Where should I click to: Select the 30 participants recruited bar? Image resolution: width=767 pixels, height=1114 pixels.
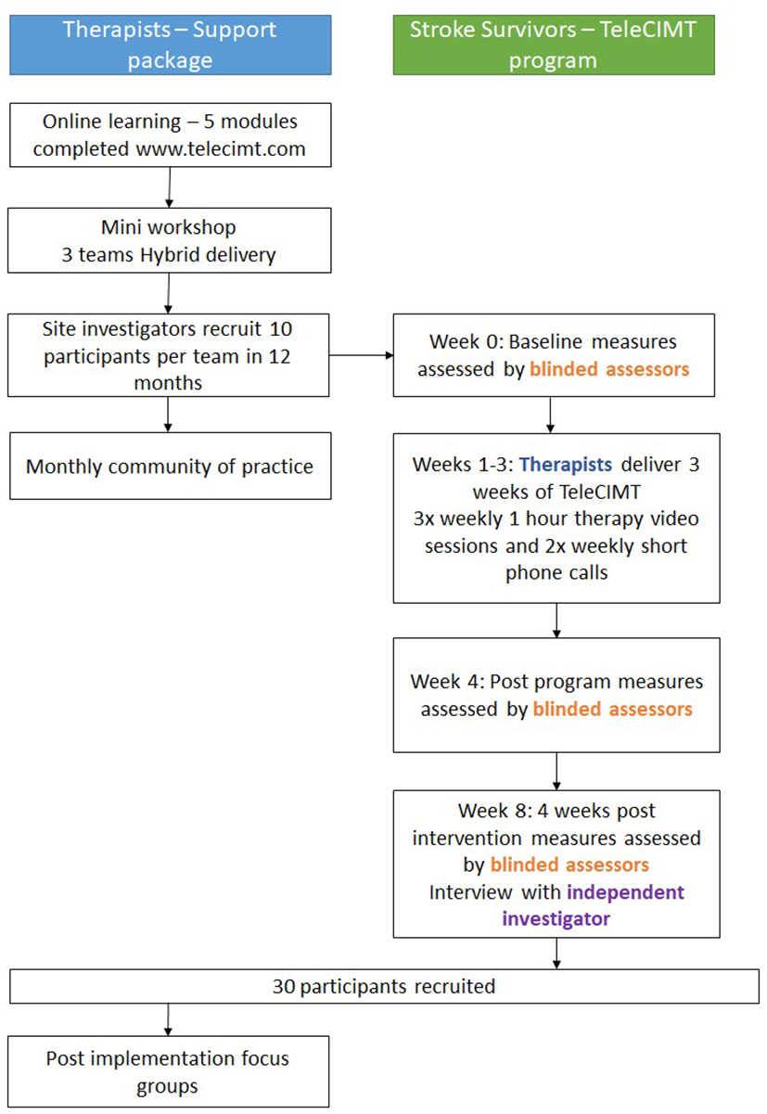point(383,986)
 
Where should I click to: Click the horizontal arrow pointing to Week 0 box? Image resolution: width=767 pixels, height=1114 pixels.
point(361,353)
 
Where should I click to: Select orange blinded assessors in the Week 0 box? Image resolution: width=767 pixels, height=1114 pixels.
point(609,369)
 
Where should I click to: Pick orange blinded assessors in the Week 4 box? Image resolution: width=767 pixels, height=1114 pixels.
point(612,710)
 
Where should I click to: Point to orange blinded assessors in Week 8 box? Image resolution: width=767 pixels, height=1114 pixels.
point(569,864)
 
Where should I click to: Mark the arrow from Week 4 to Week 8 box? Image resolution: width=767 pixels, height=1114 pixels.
point(556,770)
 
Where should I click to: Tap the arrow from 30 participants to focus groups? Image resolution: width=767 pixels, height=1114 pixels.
point(169,1019)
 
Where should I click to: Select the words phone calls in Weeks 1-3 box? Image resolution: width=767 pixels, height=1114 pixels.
point(556,572)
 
